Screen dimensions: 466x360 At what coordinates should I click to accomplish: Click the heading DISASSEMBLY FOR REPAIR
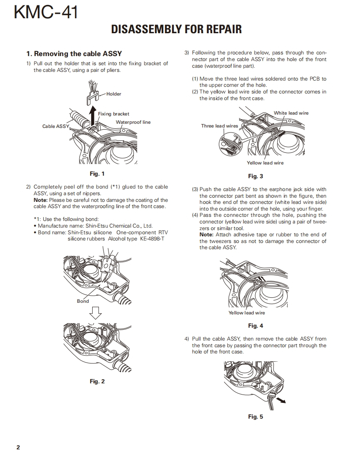176,29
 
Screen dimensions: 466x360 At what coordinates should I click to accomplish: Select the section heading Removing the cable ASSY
74,54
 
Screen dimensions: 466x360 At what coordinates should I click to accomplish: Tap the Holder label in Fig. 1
113,94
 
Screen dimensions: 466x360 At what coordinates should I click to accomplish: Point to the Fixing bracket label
113,114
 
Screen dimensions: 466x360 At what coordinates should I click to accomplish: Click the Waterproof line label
133,122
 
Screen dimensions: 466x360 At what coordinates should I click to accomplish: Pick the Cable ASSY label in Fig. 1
56,126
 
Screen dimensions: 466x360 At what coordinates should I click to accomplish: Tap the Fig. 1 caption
97,174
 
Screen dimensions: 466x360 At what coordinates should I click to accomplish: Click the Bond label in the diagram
83,301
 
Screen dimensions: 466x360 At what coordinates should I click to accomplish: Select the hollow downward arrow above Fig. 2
96,311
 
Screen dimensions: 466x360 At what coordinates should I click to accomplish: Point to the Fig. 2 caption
97,381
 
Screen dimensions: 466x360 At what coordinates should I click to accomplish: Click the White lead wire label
291,113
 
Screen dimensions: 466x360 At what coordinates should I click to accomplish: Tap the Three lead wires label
219,126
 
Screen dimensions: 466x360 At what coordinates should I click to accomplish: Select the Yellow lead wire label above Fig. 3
265,163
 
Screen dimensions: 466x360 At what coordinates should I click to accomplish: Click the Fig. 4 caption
255,326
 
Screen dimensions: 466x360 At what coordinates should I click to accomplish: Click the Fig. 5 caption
255,417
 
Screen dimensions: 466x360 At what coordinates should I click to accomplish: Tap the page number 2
18,447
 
